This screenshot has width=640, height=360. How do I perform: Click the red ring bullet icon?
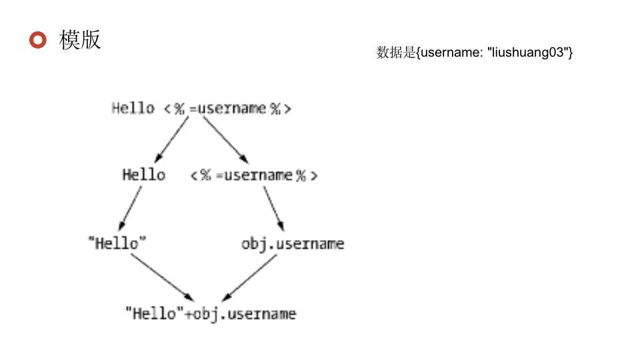38,40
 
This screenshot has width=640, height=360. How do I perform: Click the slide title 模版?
80,40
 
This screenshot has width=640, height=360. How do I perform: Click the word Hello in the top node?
133,108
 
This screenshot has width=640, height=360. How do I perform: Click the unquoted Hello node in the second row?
143,175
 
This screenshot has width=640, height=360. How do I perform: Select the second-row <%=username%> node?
253,175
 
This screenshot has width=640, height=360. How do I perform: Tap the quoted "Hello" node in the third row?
117,243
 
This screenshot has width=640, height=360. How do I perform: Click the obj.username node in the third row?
293,243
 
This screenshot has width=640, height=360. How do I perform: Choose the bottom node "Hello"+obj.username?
210,313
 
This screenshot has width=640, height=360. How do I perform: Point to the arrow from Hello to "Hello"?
131,208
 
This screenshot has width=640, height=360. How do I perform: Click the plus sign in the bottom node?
189,313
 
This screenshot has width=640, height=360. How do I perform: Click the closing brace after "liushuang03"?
571,53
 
